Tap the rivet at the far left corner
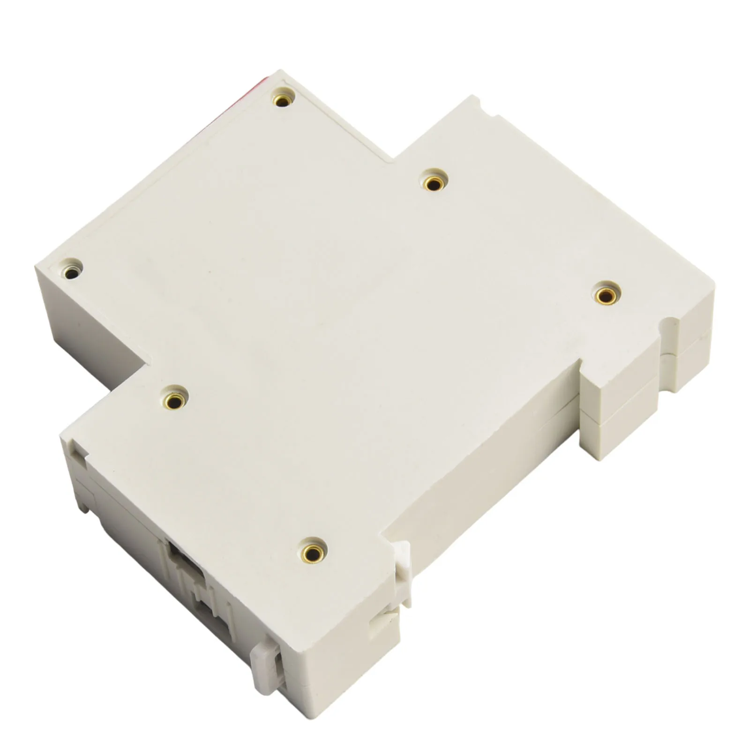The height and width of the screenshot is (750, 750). pos(72,271)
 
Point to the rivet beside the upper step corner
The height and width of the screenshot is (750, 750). pos(434,182)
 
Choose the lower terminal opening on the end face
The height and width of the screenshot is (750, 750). pos(213,619)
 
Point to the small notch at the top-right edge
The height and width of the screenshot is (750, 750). pos(480,101)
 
